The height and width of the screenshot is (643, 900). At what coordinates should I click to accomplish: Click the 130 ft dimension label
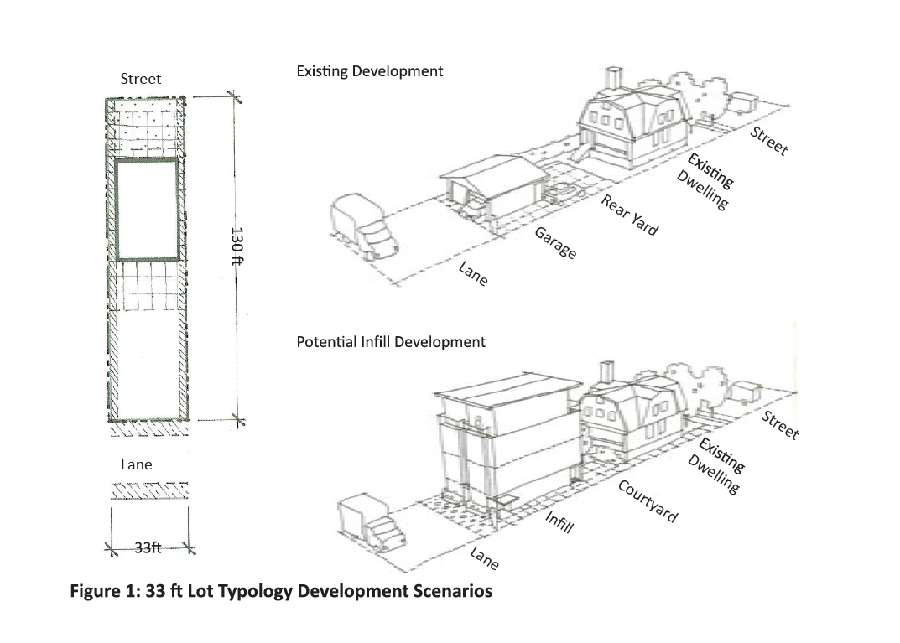pos(237,246)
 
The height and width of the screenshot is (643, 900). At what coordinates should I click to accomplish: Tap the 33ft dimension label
pos(148,548)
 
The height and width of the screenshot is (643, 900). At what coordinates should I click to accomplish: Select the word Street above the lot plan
pos(141,79)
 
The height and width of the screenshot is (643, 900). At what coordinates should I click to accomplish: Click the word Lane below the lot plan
pos(137,464)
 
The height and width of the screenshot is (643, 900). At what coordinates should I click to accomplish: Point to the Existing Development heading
pos(370,71)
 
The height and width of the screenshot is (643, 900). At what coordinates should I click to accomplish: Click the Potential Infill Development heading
pos(391,342)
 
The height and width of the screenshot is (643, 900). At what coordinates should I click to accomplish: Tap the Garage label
pos(555,241)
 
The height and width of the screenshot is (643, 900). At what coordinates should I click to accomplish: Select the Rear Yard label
pos(630,215)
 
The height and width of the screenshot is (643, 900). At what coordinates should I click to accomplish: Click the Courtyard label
pos(648,500)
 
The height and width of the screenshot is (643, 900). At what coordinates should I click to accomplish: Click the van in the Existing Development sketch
pos(364,227)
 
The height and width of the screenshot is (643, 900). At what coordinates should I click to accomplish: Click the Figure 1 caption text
pos(281,591)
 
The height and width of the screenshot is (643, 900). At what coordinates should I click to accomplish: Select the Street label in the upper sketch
pos(769,141)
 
